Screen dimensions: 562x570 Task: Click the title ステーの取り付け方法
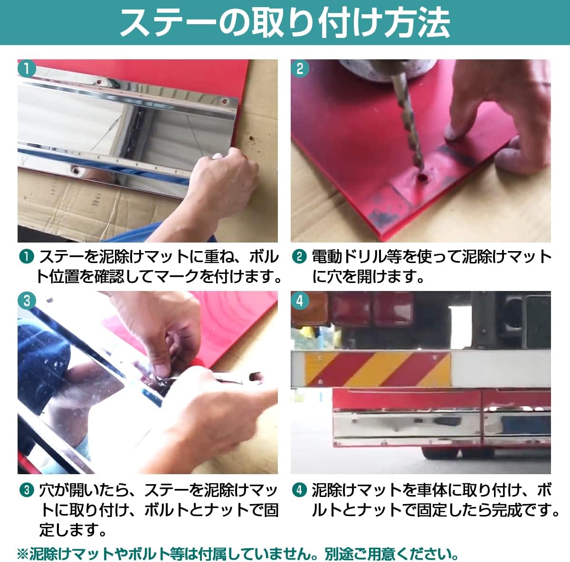tap(285, 22)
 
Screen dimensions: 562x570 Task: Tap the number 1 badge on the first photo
tap(27, 68)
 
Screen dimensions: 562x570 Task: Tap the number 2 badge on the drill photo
tap(300, 68)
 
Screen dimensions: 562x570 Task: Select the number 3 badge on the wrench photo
tap(27, 300)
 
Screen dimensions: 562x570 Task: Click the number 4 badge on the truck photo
tap(300, 300)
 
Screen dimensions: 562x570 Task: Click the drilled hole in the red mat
tap(422, 178)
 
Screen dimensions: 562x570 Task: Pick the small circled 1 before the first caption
tap(27, 257)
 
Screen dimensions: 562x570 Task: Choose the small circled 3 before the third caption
tap(27, 489)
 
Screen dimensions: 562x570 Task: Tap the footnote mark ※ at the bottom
tap(23, 553)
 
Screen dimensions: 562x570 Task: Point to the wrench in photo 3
tap(218, 377)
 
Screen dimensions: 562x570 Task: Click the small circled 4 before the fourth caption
tap(299, 489)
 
